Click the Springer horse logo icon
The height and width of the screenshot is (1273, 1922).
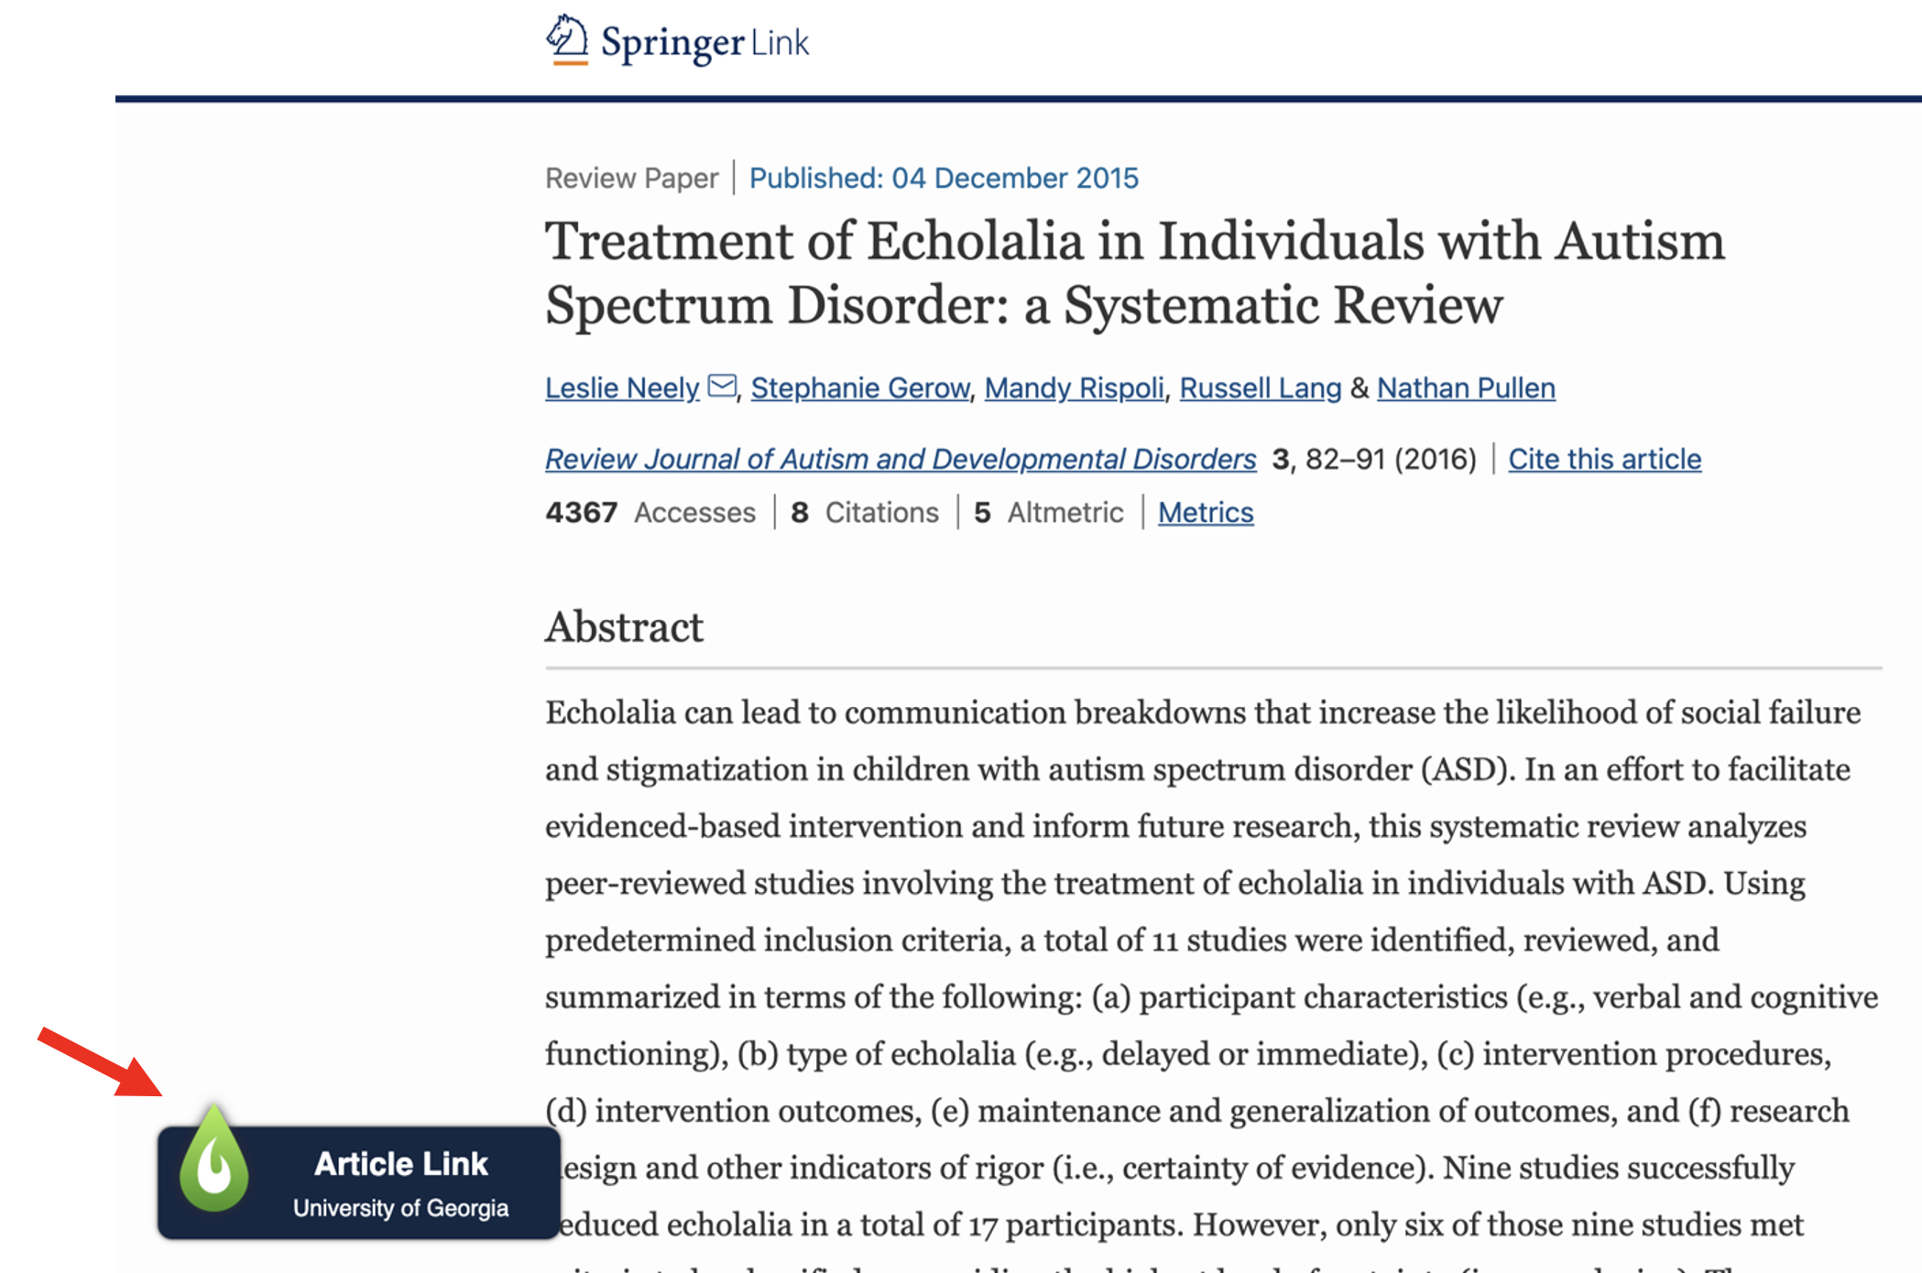pyautogui.click(x=567, y=39)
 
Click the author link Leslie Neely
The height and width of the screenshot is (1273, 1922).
pyautogui.click(x=622, y=388)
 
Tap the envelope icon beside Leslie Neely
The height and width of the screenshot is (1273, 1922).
pyautogui.click(x=722, y=386)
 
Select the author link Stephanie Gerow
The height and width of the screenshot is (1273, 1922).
pyautogui.click(x=859, y=388)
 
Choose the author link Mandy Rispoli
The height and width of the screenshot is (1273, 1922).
pyautogui.click(x=1074, y=388)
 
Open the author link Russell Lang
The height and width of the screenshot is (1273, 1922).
pyautogui.click(x=1260, y=388)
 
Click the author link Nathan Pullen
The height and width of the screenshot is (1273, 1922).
pyautogui.click(x=1465, y=388)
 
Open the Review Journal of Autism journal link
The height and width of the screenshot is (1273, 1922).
pyautogui.click(x=900, y=459)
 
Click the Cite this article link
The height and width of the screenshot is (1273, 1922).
pyautogui.click(x=1604, y=459)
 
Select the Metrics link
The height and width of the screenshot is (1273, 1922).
pyautogui.click(x=1205, y=513)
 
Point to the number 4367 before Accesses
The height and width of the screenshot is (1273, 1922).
pyautogui.click(x=581, y=513)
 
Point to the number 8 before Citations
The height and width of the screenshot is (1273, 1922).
pyautogui.click(x=799, y=513)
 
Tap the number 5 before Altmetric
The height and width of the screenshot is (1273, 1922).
pyautogui.click(x=982, y=513)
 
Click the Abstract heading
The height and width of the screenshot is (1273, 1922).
pyautogui.click(x=624, y=628)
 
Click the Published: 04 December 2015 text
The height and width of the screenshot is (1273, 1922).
pyautogui.click(x=943, y=179)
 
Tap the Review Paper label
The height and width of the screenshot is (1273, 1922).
pyautogui.click(x=631, y=179)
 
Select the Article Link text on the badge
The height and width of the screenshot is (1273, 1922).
pyautogui.click(x=400, y=1164)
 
